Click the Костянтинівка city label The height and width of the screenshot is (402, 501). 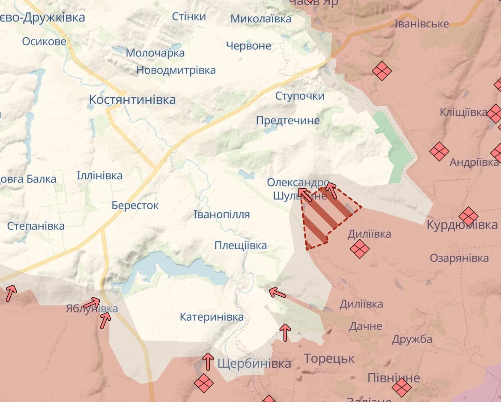tap(132, 100)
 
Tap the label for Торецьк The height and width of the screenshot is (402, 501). tap(329, 358)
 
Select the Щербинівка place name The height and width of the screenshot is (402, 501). tap(254, 364)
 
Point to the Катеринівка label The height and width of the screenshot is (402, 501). tap(212, 317)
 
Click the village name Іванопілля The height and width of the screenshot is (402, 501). tap(221, 214)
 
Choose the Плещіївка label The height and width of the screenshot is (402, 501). tap(240, 245)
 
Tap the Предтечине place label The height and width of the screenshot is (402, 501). tap(288, 121)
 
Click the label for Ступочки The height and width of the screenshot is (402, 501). tap(300, 96)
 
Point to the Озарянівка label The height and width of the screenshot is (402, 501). tap(459, 258)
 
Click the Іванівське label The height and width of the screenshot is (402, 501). tap(421, 24)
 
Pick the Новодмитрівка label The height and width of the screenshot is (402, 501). tap(176, 70)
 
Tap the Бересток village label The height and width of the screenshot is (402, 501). tap(135, 205)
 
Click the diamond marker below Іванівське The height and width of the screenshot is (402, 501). tap(382, 71)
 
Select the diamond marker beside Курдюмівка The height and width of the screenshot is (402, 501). tap(468, 216)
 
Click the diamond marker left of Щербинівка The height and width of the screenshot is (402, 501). tap(203, 383)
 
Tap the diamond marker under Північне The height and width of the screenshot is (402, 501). tap(401, 387)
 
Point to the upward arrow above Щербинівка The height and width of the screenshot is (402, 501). tap(208, 361)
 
